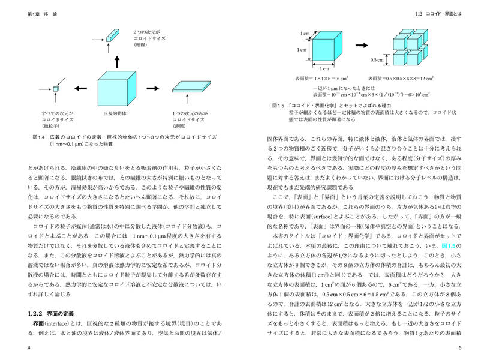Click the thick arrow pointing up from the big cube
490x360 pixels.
coord(117,60)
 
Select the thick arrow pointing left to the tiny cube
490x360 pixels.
coord(79,89)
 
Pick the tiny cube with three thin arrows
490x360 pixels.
coord(56,89)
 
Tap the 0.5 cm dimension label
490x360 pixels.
coord(377,59)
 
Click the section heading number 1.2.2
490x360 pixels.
coord(37,313)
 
